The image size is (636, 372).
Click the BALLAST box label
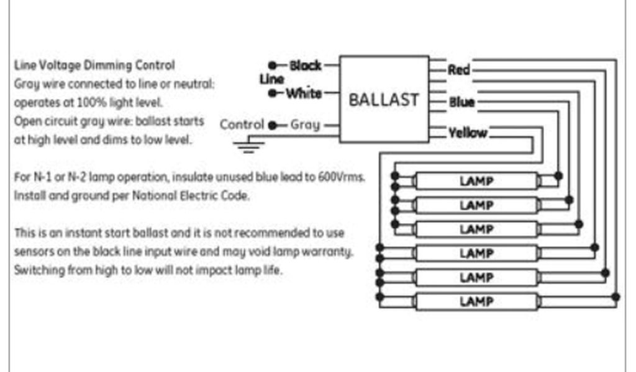click(x=383, y=100)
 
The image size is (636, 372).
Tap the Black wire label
click(x=306, y=65)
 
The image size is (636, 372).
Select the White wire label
click(x=304, y=94)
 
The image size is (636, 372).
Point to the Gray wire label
click(x=305, y=125)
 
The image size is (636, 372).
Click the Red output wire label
click(x=459, y=69)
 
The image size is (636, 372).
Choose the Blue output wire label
click(x=461, y=102)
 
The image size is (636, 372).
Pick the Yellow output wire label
click(x=468, y=133)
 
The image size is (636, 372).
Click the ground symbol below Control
click(x=248, y=146)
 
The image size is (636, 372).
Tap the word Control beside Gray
click(x=242, y=125)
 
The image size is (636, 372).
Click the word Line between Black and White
click(x=271, y=79)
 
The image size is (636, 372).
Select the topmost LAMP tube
click(x=476, y=181)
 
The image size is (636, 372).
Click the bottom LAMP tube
click(x=476, y=302)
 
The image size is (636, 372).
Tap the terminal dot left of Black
click(x=272, y=65)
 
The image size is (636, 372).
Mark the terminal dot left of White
click(x=272, y=94)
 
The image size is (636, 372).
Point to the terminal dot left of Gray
click(x=272, y=125)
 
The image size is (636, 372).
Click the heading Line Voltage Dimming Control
click(x=94, y=65)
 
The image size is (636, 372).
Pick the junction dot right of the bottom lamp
click(x=616, y=298)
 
